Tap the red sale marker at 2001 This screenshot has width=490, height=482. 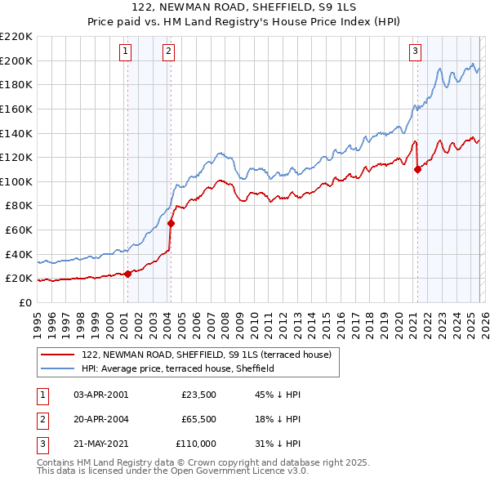click(127, 274)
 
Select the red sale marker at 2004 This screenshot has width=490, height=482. click(171, 223)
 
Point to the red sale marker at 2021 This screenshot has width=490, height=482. click(417, 170)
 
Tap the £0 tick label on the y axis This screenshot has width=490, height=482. click(24, 302)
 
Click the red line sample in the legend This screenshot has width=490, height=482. click(57, 355)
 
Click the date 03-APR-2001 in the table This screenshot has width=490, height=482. click(101, 394)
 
